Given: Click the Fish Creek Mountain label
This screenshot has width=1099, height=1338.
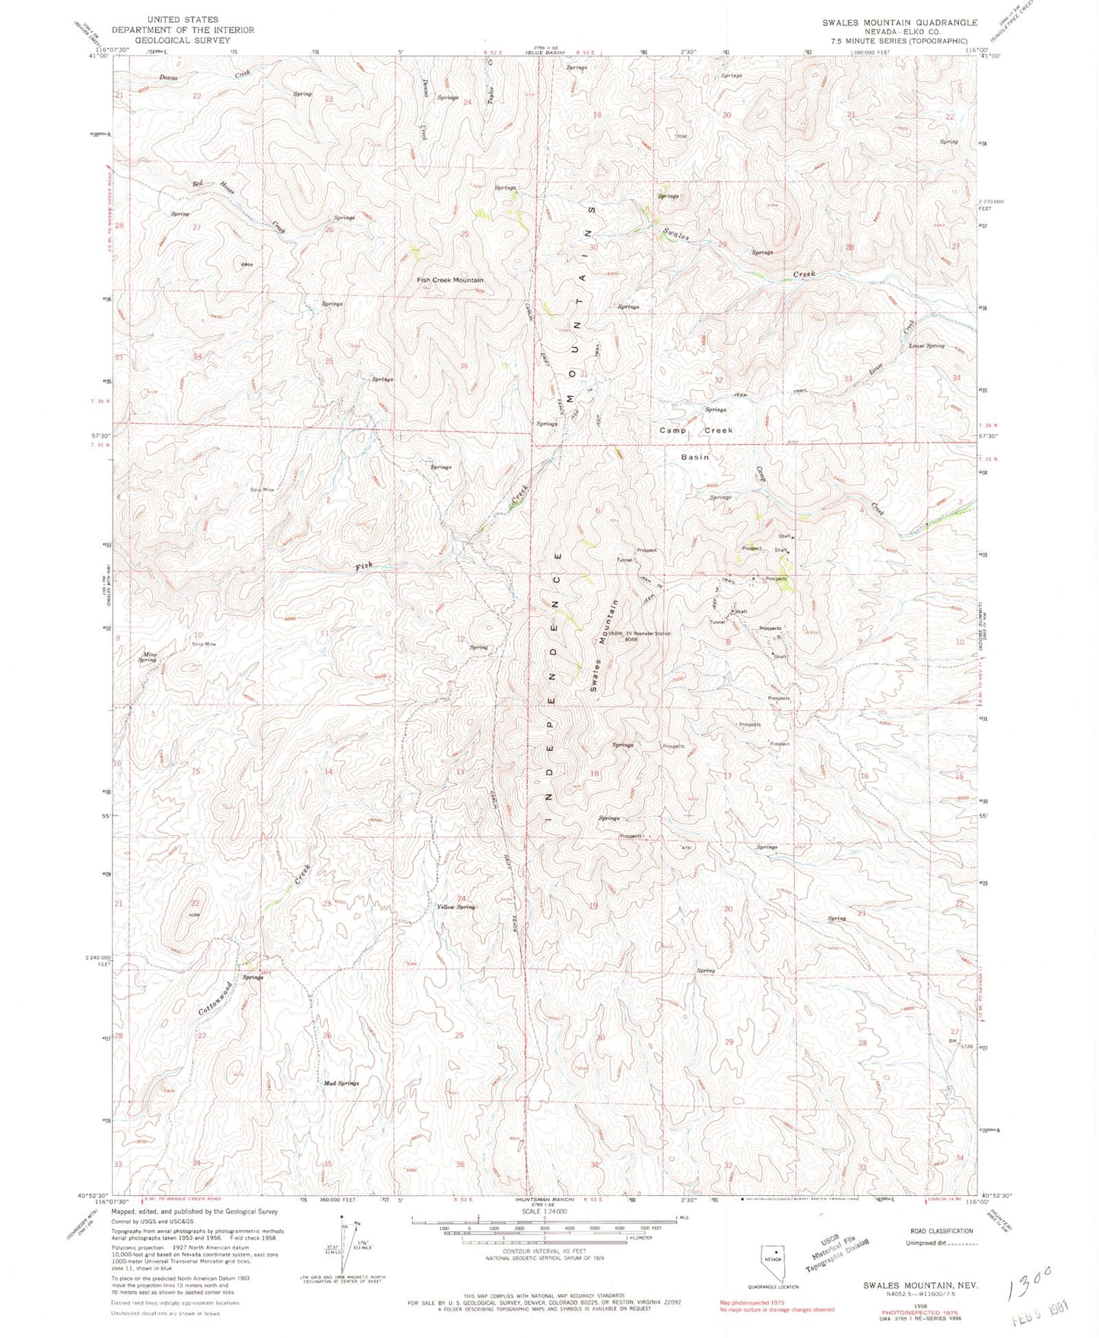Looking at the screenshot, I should tap(449, 280).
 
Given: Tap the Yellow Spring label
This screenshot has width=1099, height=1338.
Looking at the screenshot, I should tap(456, 907).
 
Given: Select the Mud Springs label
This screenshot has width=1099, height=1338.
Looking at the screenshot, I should tap(340, 1082).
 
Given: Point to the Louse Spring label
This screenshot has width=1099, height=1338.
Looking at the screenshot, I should tap(926, 345).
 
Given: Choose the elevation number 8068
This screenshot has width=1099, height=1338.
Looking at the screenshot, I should tap(630, 640).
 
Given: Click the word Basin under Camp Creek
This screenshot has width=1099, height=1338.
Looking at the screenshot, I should tap(694, 457).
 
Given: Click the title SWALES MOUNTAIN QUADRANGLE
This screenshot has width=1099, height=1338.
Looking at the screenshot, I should tap(899, 23).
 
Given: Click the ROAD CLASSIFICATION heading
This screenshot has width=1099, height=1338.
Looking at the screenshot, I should tap(942, 1231).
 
